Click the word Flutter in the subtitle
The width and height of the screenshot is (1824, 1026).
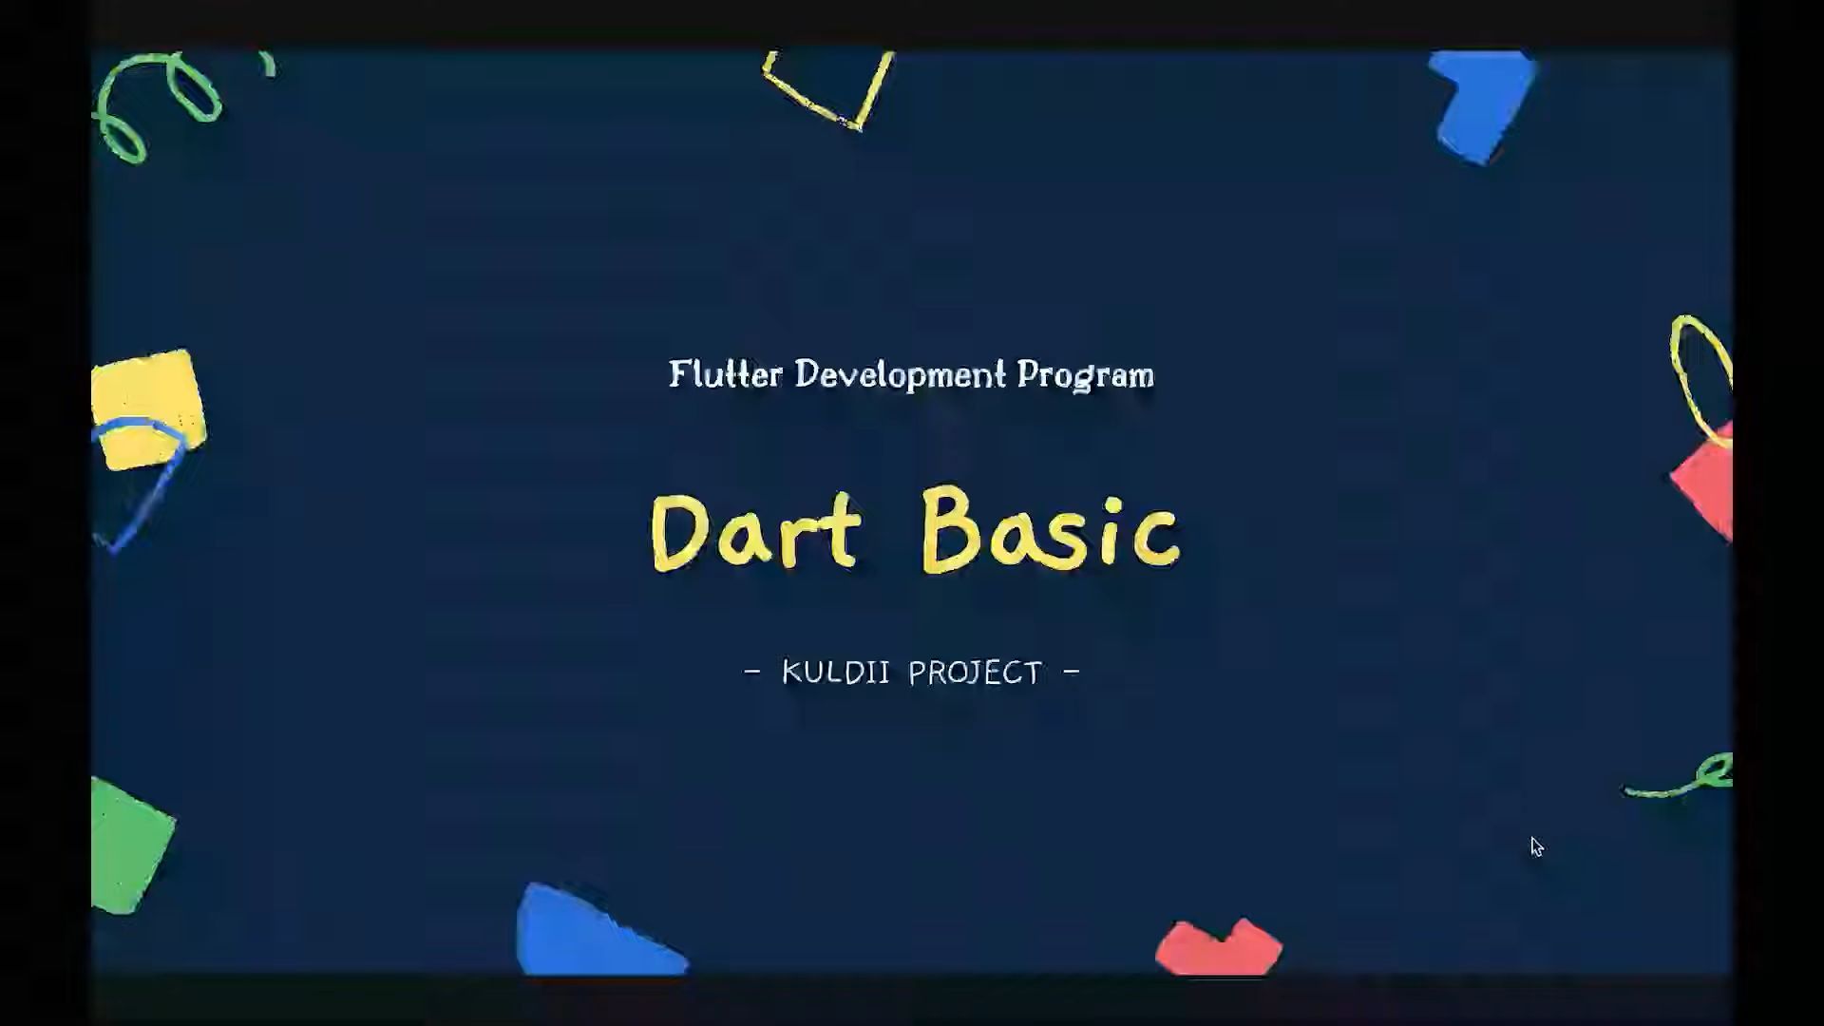coord(726,373)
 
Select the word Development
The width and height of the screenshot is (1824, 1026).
coord(900,374)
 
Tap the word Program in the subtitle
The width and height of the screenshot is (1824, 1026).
coord(1086,375)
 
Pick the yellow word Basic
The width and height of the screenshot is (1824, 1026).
coord(1051,529)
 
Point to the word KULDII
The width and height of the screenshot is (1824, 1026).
coord(836,673)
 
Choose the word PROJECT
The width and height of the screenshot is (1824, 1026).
coord(976,673)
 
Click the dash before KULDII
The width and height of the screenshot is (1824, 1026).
coord(752,673)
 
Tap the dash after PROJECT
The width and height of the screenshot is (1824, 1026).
coord(1072,672)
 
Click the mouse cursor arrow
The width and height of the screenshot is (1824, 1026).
coord(1537,847)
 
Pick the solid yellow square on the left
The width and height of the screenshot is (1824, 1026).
coord(148,409)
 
